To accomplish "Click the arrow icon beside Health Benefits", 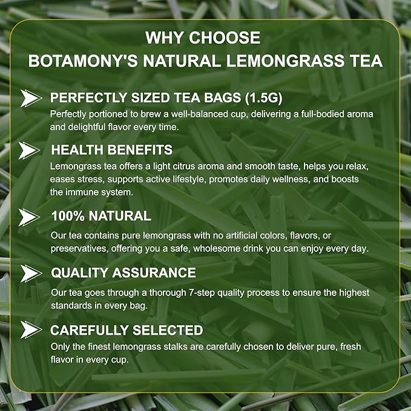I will click(x=30, y=150).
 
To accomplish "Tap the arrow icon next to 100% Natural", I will click(x=30, y=216).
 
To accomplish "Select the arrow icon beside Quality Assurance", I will click(x=30, y=273).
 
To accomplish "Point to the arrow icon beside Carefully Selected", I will click(x=30, y=330).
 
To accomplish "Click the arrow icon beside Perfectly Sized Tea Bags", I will click(x=30, y=97).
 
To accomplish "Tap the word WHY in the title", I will click(x=163, y=38).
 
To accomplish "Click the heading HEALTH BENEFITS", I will click(x=112, y=150).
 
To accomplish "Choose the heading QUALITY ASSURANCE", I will click(x=123, y=273).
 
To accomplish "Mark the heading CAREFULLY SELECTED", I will click(x=126, y=330).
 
